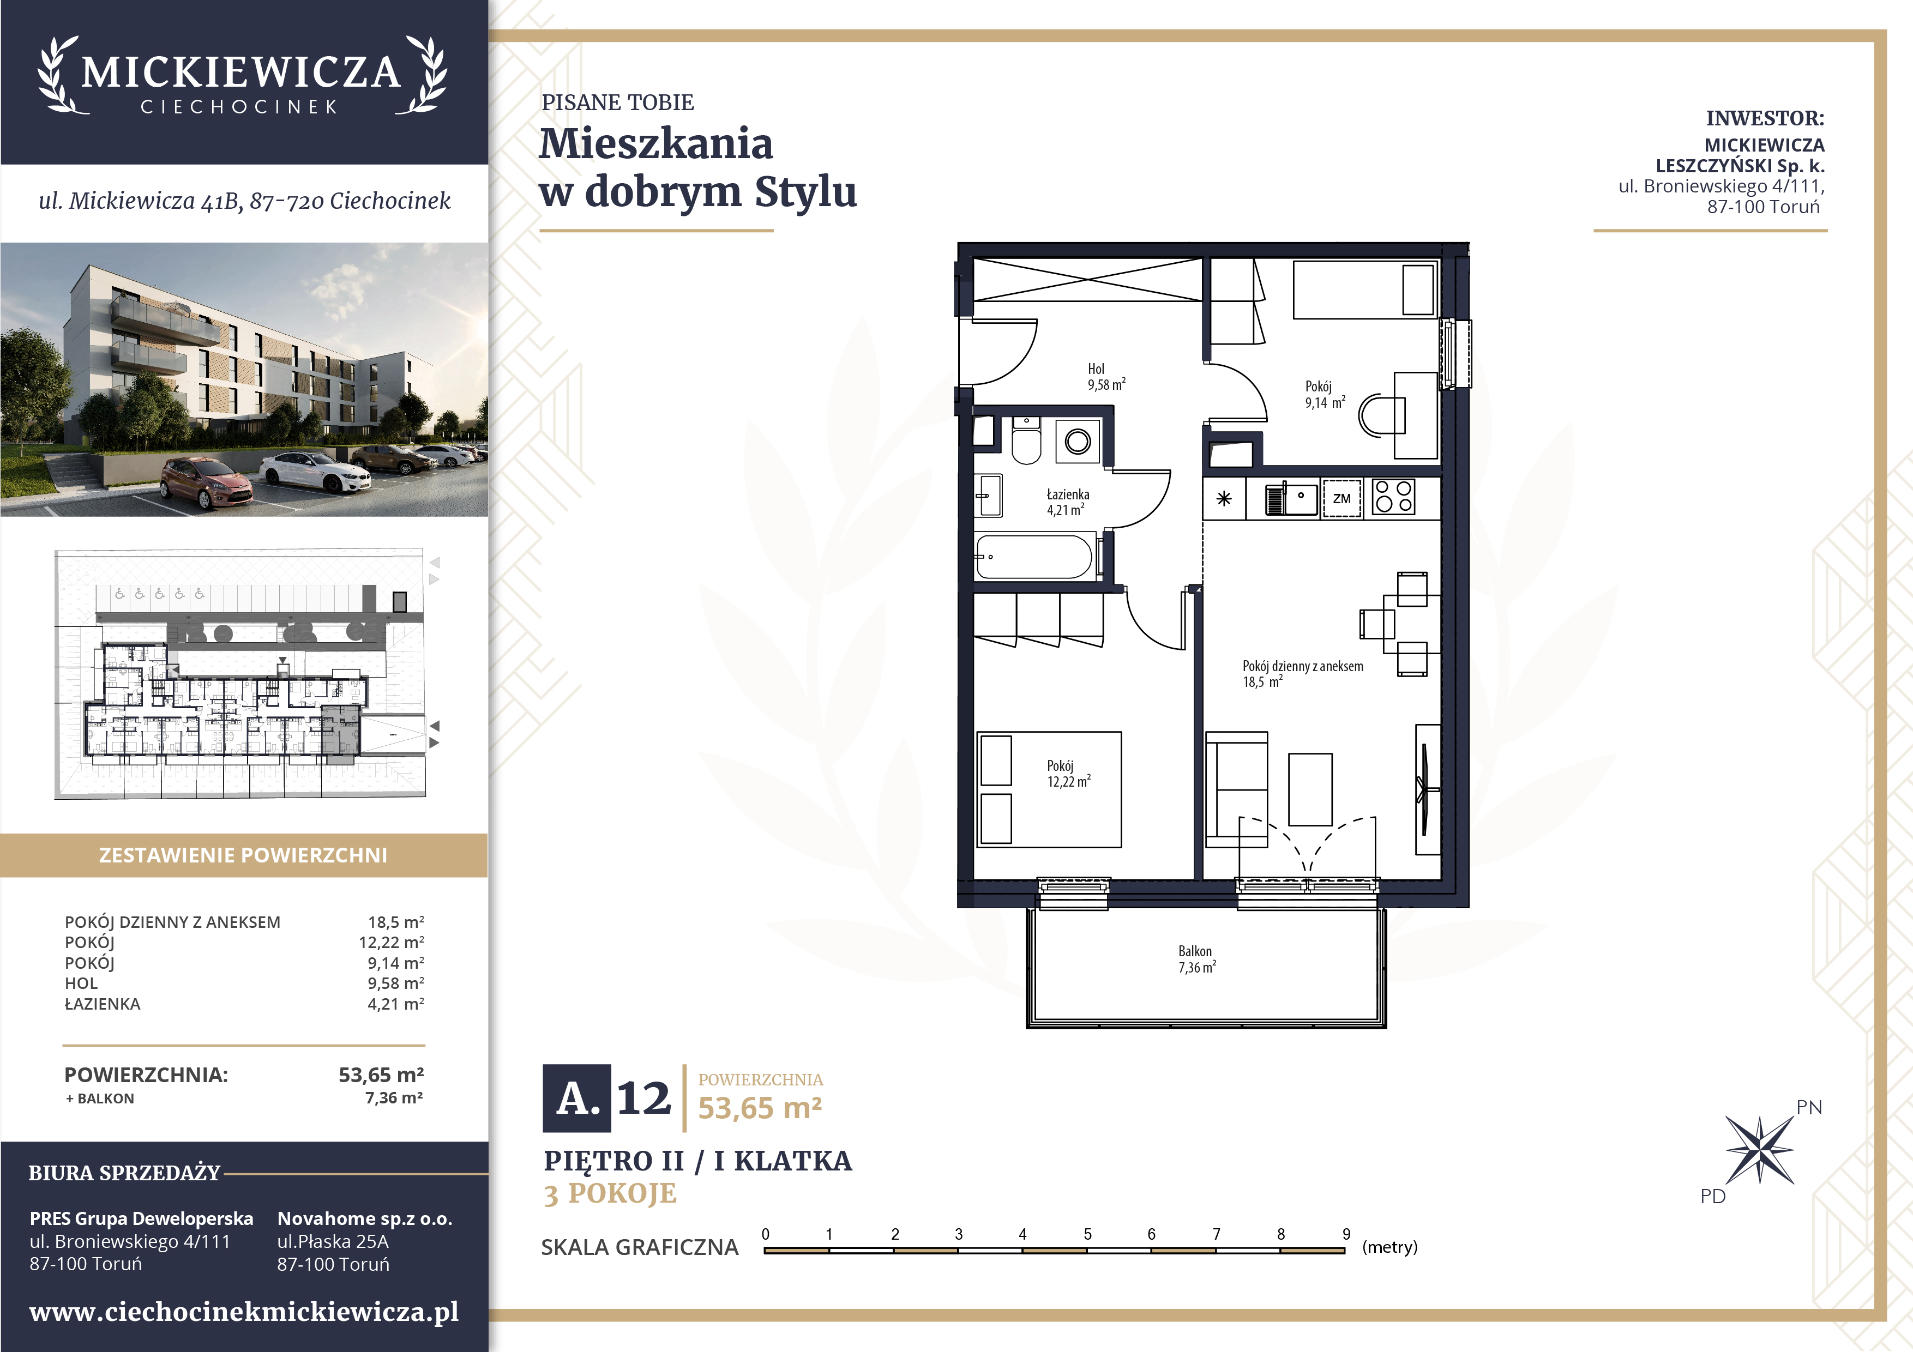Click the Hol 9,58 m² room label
1105,377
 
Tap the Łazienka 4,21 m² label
1067,502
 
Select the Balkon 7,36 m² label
1196,959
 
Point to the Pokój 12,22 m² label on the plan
1068,773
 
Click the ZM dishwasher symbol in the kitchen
1341,498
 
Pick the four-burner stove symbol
1393,497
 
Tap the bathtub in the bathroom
1034,557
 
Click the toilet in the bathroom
1026,440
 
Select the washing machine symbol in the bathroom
1078,440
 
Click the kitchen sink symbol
1291,499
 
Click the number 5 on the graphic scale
1087,1234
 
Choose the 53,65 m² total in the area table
381,1075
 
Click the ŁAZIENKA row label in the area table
103,1003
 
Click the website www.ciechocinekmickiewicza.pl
244,1312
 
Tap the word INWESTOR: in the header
1765,118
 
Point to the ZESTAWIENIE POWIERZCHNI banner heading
243,855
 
